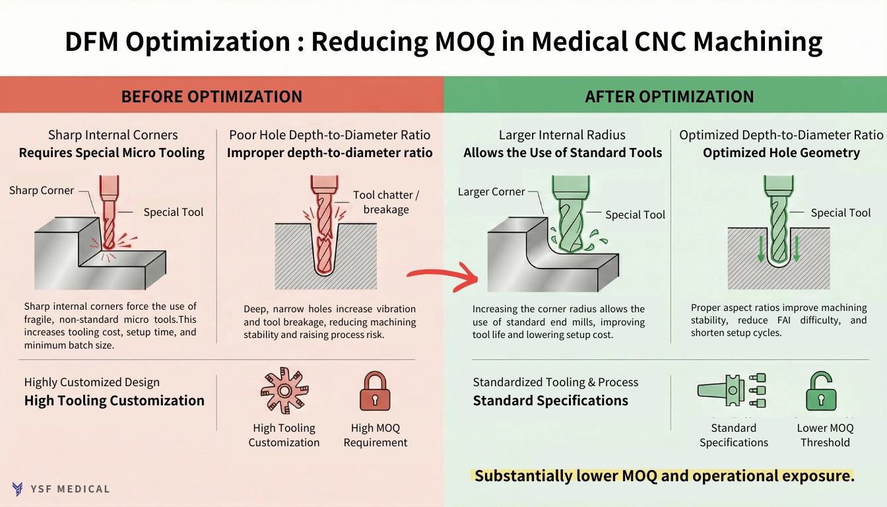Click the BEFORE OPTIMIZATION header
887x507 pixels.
(211, 96)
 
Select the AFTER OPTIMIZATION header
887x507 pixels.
(669, 96)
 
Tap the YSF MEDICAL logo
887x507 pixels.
(61, 489)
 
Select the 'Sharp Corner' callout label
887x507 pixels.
(42, 190)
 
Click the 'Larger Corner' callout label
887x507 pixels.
(491, 191)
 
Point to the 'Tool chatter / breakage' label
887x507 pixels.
(386, 202)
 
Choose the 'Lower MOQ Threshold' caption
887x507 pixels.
(825, 435)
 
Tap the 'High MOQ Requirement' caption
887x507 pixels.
(375, 435)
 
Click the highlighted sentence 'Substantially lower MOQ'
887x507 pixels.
(664, 476)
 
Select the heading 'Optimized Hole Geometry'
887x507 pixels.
(781, 153)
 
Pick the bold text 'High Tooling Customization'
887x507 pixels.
(114, 401)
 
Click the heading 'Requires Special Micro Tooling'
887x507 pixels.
(112, 153)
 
